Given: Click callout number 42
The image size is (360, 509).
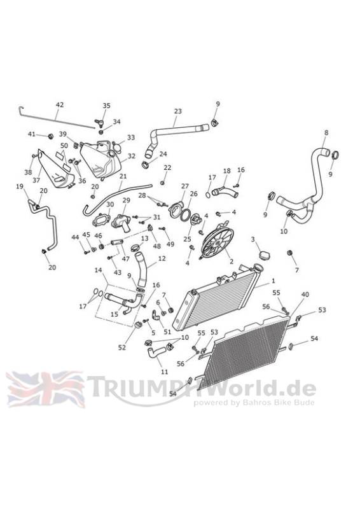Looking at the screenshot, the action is click(59, 105).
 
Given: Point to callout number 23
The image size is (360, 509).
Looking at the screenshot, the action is click(178, 111).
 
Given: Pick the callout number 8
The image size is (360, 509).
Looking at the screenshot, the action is click(326, 133).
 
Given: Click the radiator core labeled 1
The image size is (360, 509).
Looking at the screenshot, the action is click(216, 300).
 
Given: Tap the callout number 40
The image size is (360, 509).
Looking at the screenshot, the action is click(305, 295).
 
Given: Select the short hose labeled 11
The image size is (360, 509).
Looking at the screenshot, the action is click(157, 352).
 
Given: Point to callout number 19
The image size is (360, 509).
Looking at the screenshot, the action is click(20, 186).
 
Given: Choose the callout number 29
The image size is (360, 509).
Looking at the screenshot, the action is click(126, 200).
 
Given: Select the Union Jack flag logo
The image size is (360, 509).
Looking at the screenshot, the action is click(45, 389).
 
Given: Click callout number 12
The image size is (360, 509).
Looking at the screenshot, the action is click(162, 258).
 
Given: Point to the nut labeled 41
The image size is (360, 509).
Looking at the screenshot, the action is click(50, 136).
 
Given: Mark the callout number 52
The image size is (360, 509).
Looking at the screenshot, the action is click(121, 347).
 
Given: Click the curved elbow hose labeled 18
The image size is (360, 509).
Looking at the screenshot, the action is click(225, 192).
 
